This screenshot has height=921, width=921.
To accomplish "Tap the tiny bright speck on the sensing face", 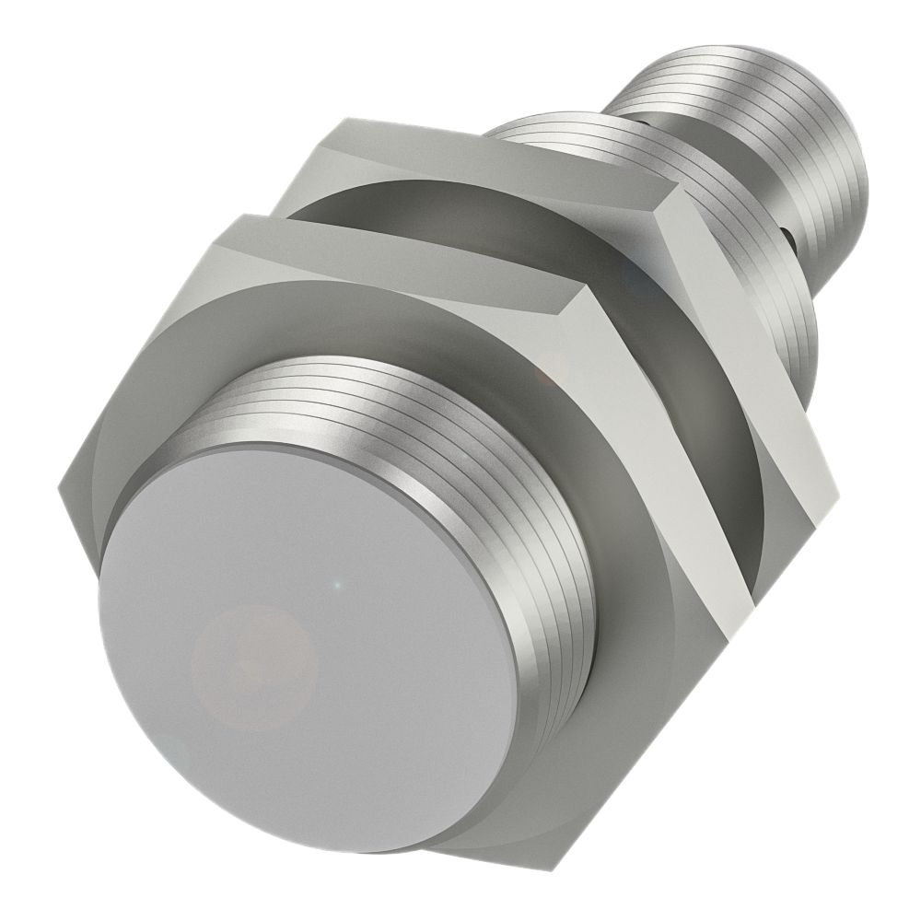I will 338,584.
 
